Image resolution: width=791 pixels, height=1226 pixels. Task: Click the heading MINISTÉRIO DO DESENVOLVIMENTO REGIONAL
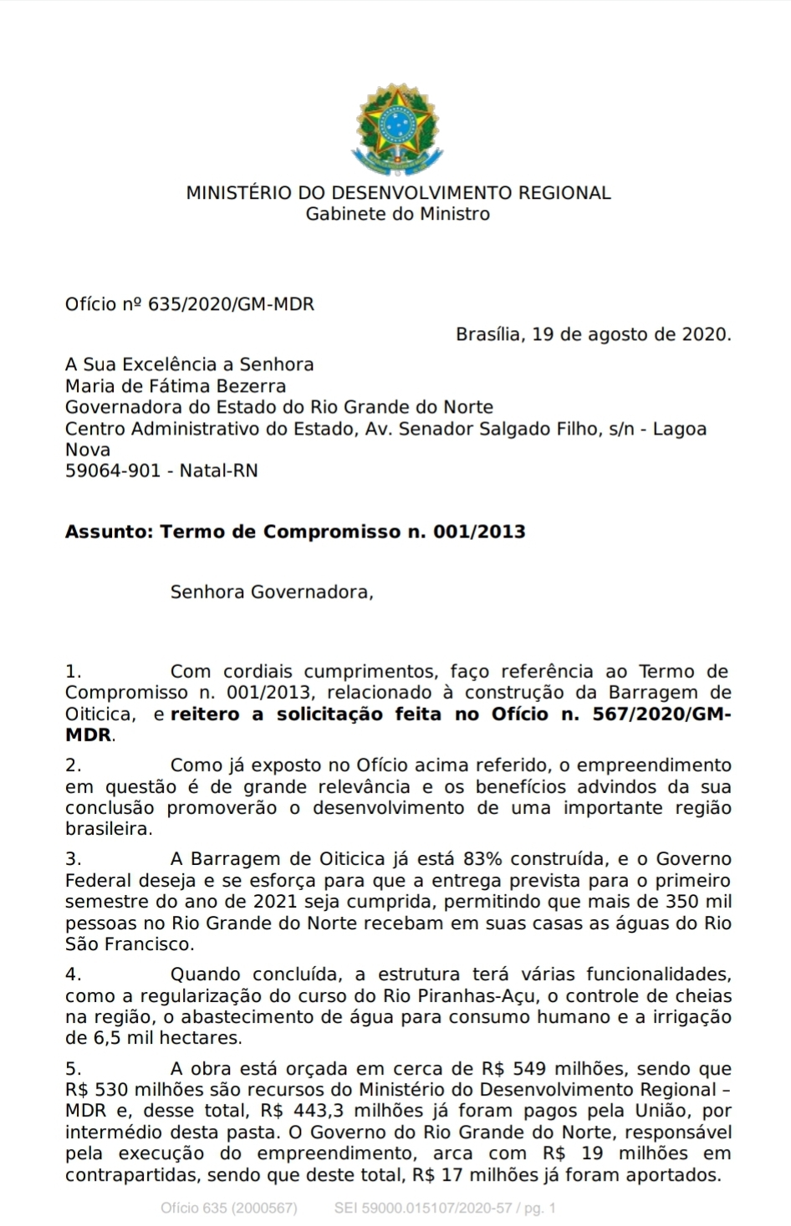(398, 193)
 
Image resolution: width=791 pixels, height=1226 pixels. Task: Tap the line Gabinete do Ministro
(397, 214)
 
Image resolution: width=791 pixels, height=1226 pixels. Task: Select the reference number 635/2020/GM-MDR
(231, 304)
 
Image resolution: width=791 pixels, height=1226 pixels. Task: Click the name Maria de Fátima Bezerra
(176, 386)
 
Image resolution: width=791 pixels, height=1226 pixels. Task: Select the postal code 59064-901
(113, 471)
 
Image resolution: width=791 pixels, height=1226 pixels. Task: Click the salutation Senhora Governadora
(271, 593)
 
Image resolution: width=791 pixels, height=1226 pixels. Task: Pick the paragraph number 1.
(73, 671)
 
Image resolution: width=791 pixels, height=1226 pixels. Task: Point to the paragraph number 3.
(73, 859)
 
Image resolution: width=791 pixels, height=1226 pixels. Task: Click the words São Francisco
(128, 944)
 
